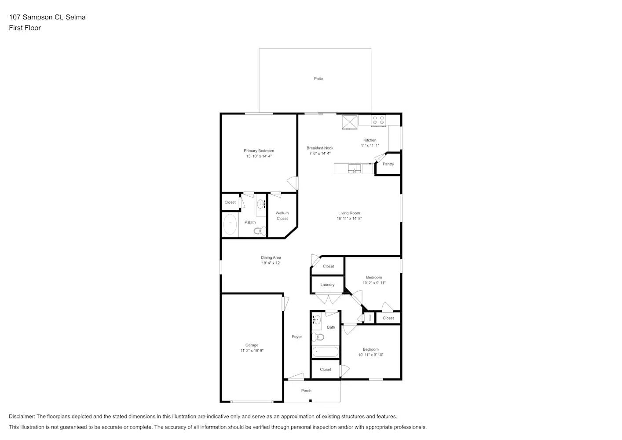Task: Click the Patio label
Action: click(318, 79)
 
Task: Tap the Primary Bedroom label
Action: click(259, 151)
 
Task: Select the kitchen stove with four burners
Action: click(378, 120)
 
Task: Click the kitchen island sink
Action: click(354, 168)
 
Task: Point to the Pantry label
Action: click(388, 164)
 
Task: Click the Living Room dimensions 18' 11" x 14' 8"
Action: click(349, 219)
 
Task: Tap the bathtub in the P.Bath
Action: click(230, 224)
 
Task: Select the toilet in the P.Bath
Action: click(260, 231)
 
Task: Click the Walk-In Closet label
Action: click(282, 216)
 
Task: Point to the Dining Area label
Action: click(271, 258)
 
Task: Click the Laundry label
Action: click(327, 285)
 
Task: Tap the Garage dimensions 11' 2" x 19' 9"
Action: click(252, 351)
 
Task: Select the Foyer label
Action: click(297, 337)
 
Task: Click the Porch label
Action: click(306, 391)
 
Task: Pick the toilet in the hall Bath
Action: click(318, 337)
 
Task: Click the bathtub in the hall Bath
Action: click(325, 352)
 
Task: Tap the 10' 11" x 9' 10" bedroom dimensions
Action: click(370, 355)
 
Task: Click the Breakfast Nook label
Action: click(320, 148)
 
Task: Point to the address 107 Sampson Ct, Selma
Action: click(47, 17)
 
